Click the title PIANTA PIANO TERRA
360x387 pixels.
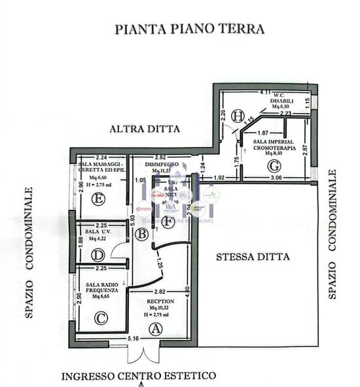pyautogui.click(x=189, y=29)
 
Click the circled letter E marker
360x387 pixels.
pyautogui.click(x=99, y=199)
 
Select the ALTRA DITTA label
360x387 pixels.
pyautogui.click(x=145, y=129)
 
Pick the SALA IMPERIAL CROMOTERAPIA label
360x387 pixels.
pyautogui.click(x=273, y=145)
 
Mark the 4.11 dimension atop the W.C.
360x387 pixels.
pyautogui.click(x=265, y=93)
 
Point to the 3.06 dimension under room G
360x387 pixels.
pyautogui.click(x=276, y=178)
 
